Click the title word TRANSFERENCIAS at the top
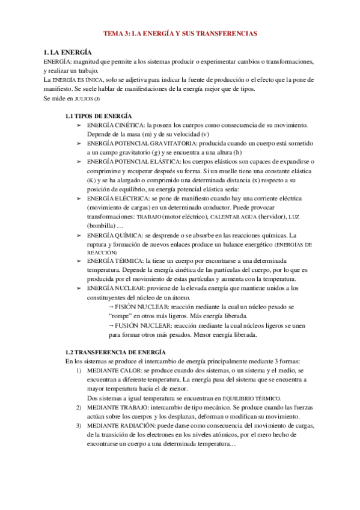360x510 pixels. point(227,34)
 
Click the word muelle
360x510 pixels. point(236,171)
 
